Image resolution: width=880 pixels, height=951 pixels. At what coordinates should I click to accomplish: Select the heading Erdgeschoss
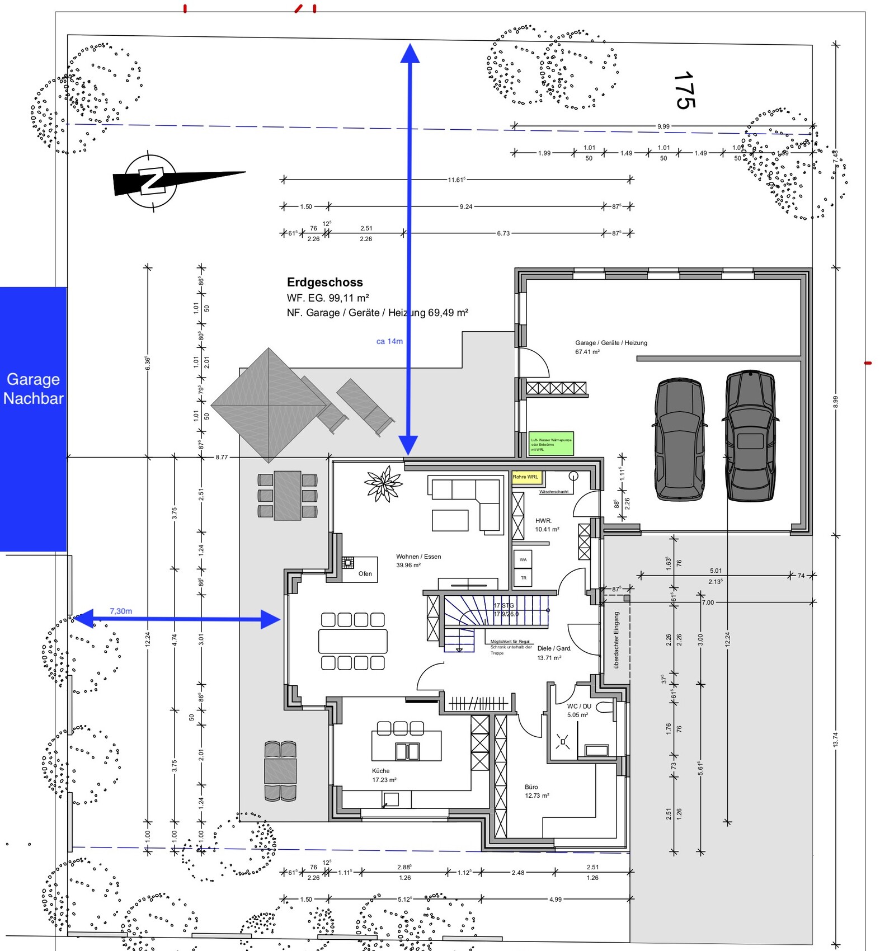(x=324, y=283)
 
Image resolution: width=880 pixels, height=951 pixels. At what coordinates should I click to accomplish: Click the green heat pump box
(x=551, y=444)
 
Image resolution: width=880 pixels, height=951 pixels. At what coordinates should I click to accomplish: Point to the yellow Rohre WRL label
(x=526, y=477)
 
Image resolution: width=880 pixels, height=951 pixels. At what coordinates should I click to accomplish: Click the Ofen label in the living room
(x=365, y=573)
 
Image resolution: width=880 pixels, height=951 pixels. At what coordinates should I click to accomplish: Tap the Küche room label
(x=380, y=771)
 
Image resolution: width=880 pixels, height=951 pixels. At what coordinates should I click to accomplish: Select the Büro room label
(x=531, y=787)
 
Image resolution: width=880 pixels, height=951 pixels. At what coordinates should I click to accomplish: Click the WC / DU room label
(x=579, y=706)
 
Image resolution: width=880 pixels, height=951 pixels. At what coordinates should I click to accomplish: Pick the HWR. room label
(x=543, y=520)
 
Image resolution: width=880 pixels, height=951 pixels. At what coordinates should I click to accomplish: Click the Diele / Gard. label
(x=554, y=648)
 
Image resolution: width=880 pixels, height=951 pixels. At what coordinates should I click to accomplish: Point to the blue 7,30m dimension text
(x=121, y=611)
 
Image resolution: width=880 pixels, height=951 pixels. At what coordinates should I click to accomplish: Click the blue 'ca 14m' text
(x=389, y=341)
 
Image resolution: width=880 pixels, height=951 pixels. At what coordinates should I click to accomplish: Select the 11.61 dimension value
(x=456, y=180)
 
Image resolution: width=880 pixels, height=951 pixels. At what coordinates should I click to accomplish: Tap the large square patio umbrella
(x=269, y=405)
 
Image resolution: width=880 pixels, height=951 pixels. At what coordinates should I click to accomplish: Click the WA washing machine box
(x=523, y=559)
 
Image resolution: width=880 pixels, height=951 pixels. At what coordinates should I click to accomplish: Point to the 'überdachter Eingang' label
(x=617, y=640)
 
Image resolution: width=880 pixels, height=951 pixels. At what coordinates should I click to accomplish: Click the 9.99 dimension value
(x=663, y=126)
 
